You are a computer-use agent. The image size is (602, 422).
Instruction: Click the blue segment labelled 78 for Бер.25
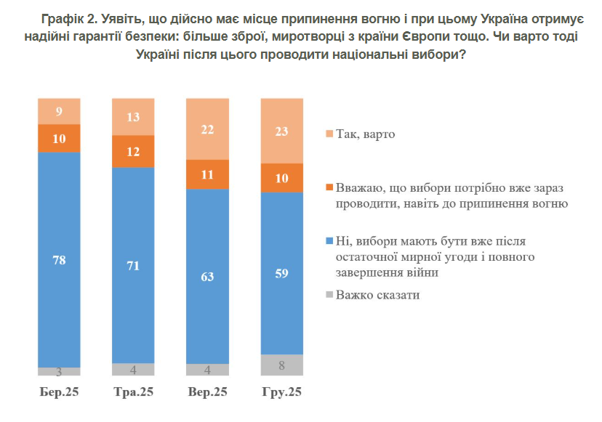point(59,259)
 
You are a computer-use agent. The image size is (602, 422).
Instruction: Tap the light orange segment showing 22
point(207,129)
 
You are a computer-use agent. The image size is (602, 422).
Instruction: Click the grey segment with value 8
point(281,365)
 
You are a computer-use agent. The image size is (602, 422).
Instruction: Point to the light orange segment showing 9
point(59,111)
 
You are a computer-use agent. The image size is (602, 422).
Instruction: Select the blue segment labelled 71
point(133,265)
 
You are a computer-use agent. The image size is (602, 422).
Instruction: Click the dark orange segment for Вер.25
point(207,174)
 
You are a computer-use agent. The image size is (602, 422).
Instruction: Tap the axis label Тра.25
point(133,392)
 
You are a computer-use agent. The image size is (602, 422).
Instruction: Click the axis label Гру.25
point(281,392)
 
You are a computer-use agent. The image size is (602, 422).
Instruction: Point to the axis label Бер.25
point(59,392)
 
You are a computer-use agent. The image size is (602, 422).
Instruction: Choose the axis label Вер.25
point(207,392)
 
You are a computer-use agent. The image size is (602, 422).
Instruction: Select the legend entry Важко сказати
point(378,295)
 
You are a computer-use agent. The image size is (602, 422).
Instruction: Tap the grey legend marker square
point(329,295)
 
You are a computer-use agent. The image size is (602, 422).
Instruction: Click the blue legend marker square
point(329,240)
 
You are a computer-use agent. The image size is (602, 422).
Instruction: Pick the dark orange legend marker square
point(329,188)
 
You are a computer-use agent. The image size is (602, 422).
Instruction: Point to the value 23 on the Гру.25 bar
point(281,132)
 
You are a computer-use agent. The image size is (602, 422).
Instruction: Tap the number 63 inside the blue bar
point(207,276)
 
